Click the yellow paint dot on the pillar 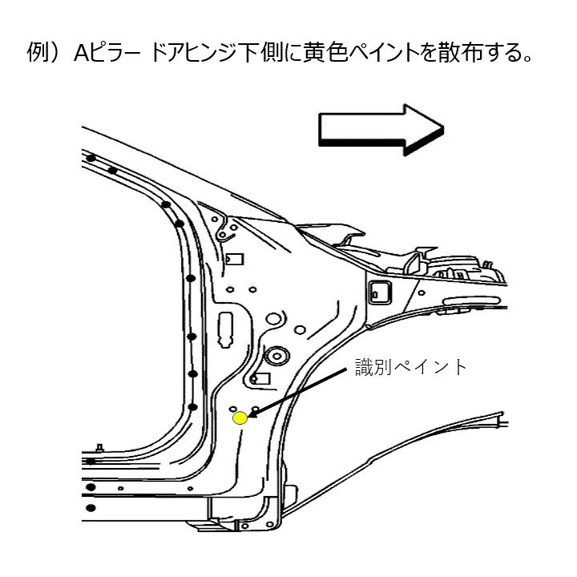click(240, 418)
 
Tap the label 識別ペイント click(411, 367)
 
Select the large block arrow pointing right click(381, 127)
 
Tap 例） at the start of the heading click(47, 55)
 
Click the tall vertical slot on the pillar click(227, 328)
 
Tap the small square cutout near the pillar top click(235, 260)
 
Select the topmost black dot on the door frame click(94, 157)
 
